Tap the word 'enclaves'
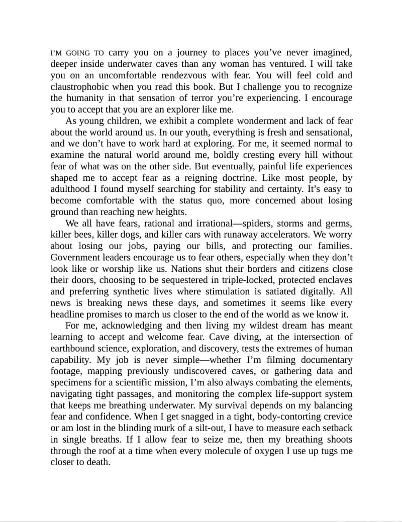pos(334,280)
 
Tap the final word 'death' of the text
pos(98,462)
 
